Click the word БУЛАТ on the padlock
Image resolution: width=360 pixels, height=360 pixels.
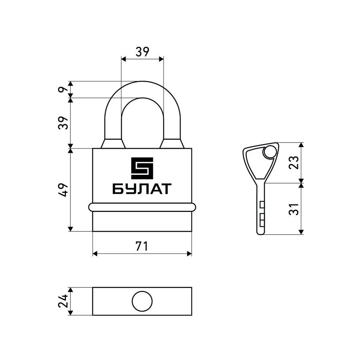[x=142, y=189]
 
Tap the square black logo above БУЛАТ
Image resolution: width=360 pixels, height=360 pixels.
[x=142, y=168]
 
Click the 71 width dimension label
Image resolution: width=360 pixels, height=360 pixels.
[x=142, y=246]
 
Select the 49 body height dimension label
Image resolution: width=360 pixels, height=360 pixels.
[x=63, y=190]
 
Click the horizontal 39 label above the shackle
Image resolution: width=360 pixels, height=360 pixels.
[x=142, y=52]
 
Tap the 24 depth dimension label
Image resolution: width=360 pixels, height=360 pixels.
[x=63, y=301]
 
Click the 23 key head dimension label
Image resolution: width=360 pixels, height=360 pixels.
[x=294, y=162]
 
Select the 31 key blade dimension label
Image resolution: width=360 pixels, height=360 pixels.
[x=294, y=209]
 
